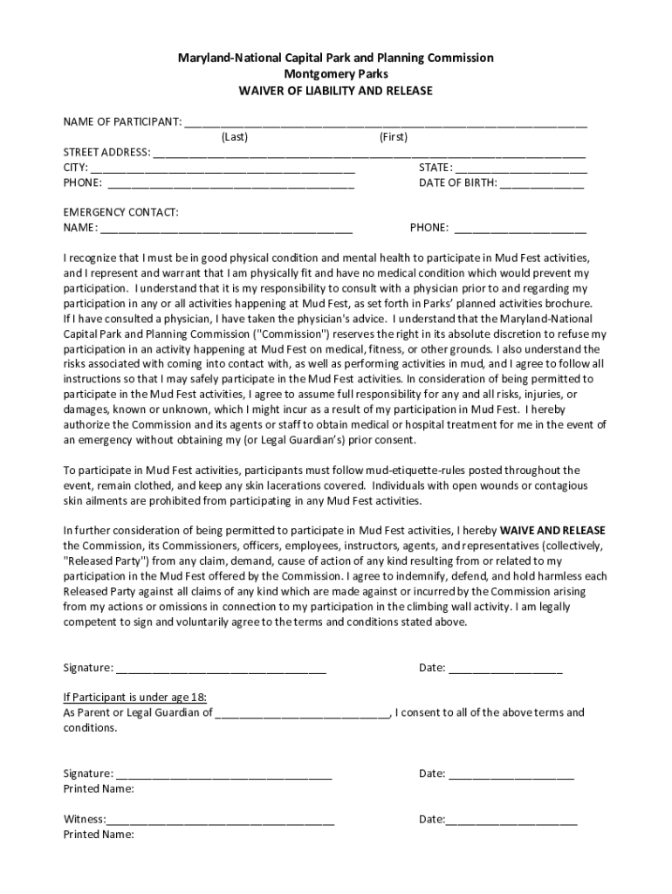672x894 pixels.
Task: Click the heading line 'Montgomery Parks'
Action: tap(336, 74)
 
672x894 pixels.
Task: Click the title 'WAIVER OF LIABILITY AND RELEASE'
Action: tap(336, 91)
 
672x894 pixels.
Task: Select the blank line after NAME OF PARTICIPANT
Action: tap(385, 122)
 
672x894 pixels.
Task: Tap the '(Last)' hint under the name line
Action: tap(235, 137)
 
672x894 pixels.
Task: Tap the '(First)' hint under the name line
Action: tap(394, 137)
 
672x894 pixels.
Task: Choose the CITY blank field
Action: tap(223, 168)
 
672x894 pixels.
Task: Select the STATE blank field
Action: tap(520, 168)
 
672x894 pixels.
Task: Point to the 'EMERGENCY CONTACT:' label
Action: tap(121, 212)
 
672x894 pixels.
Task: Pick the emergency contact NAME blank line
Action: tap(226, 229)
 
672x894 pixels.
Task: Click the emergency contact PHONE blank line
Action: tap(520, 229)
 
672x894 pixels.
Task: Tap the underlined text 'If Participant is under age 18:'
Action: tap(135, 698)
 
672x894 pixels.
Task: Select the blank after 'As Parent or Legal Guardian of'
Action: tap(302, 713)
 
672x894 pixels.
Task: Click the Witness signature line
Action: tap(220, 821)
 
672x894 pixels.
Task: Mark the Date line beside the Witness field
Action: tap(511, 821)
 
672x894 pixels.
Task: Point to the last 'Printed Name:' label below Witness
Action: tap(99, 835)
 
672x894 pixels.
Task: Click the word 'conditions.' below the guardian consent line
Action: tap(90, 727)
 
